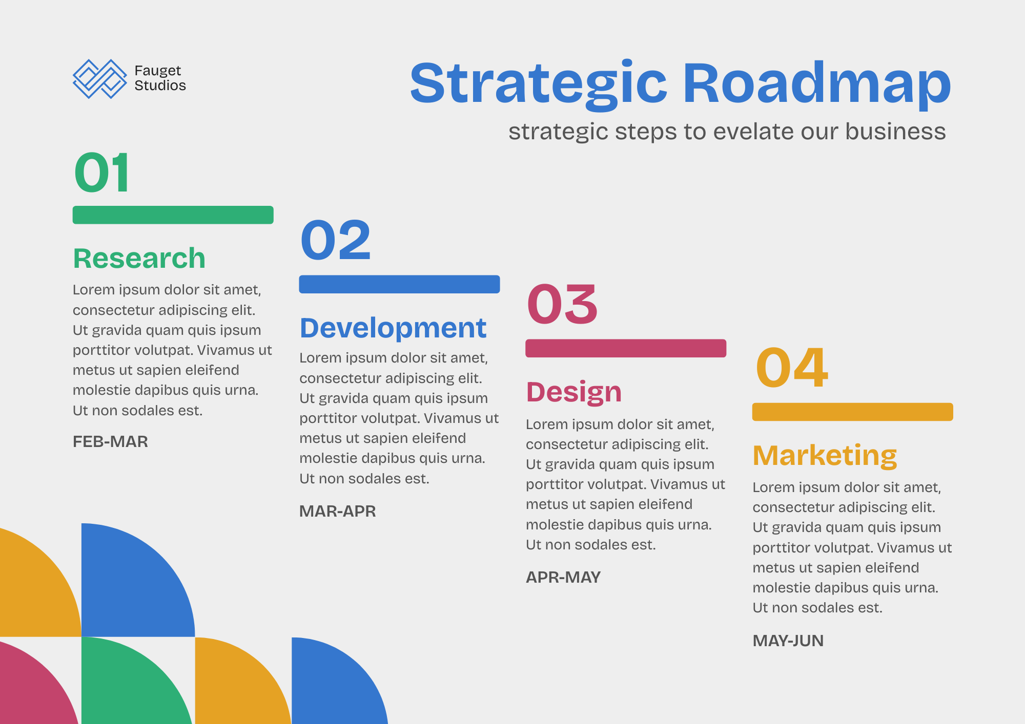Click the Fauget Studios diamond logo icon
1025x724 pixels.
pos(100,79)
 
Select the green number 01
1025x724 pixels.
pos(101,173)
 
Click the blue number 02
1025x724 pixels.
pos(336,240)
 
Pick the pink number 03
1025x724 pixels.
pos(562,304)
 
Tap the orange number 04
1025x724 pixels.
pos(792,367)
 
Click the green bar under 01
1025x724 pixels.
pos(173,215)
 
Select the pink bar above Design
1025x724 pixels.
pos(626,348)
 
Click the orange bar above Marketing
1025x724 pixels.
pos(853,412)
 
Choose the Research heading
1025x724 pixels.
pos(139,258)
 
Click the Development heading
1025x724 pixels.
pos(393,328)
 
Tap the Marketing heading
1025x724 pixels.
pos(825,456)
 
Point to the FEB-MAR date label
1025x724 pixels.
pos(110,442)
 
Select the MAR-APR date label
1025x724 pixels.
pos(338,512)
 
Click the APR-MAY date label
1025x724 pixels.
pos(563,578)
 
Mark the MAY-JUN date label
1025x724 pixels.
pos(788,641)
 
